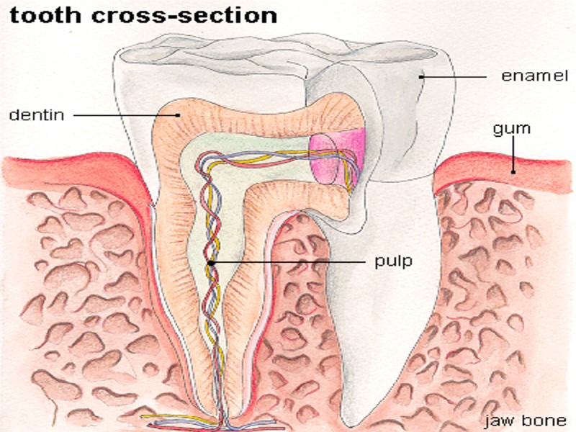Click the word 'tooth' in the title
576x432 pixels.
(x=40, y=16)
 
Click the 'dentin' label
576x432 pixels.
(x=35, y=114)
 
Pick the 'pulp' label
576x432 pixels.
(x=393, y=261)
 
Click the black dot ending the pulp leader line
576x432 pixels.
(x=211, y=264)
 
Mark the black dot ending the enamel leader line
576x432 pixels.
(x=422, y=76)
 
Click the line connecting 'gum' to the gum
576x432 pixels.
(x=512, y=155)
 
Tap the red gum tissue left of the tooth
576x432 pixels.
(x=72, y=173)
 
